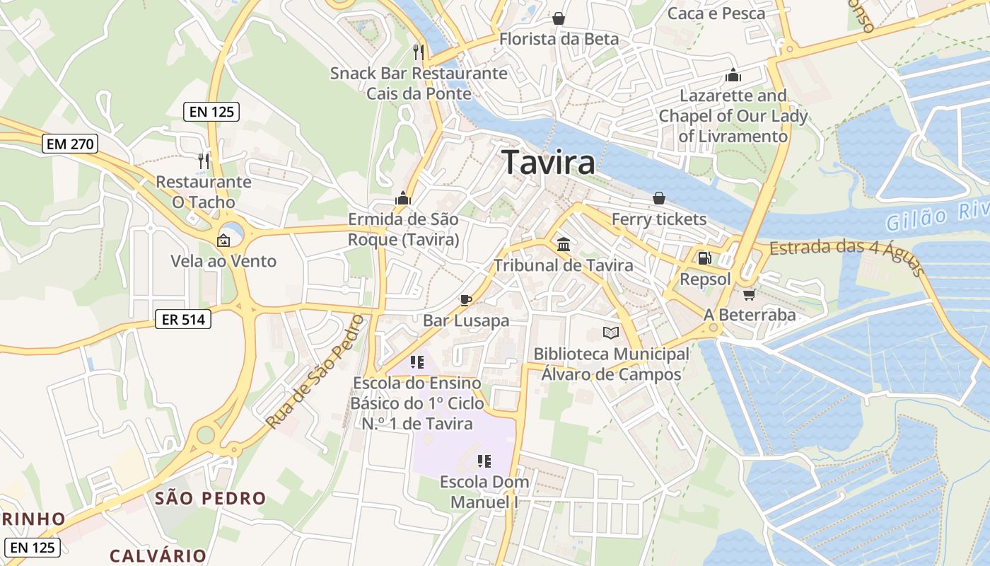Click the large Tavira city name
pyautogui.click(x=548, y=163)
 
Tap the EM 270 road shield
pyautogui.click(x=70, y=144)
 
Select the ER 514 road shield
pyautogui.click(x=183, y=320)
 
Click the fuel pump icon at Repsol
pyautogui.click(x=704, y=259)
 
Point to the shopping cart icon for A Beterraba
pyautogui.click(x=750, y=294)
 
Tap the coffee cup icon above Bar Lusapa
pyautogui.click(x=465, y=300)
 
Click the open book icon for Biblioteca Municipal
pyautogui.click(x=610, y=333)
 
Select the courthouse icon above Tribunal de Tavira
pyautogui.click(x=564, y=245)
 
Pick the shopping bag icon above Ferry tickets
pyautogui.click(x=658, y=198)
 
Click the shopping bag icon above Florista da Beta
pyautogui.click(x=559, y=18)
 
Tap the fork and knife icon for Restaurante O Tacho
pyautogui.click(x=204, y=161)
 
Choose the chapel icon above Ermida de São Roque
pyautogui.click(x=403, y=198)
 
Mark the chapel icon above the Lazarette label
pyautogui.click(x=733, y=75)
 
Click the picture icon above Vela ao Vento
pyautogui.click(x=223, y=241)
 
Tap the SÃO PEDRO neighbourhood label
pyautogui.click(x=211, y=498)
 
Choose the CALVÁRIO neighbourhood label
pyautogui.click(x=158, y=555)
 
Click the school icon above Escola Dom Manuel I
pyautogui.click(x=484, y=461)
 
